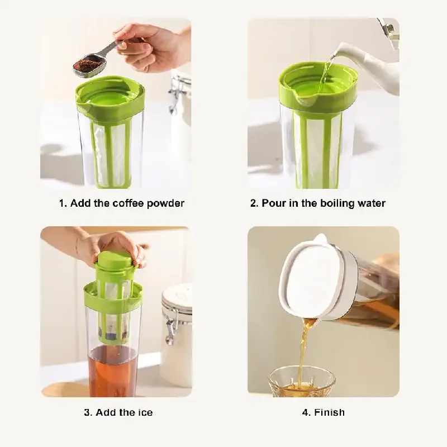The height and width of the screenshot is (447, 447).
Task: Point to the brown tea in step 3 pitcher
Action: (112, 369)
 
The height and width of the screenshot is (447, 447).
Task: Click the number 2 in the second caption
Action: (253, 203)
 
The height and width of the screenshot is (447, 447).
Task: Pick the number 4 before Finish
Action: (305, 413)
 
